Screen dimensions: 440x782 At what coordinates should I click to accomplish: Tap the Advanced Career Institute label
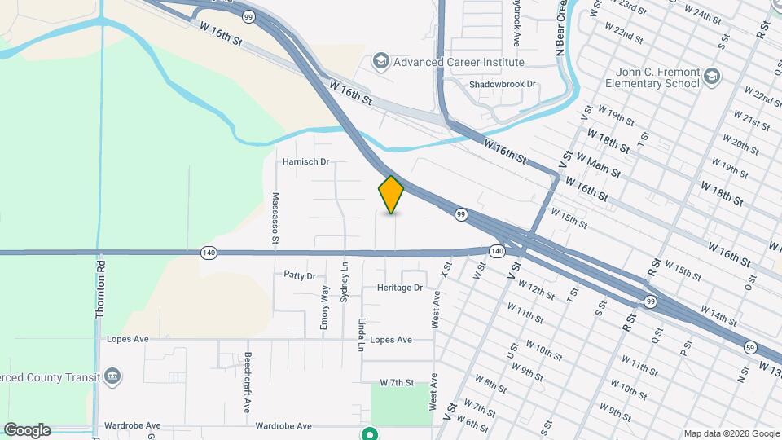tap(459, 62)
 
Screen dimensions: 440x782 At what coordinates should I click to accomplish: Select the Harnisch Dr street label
tap(305, 161)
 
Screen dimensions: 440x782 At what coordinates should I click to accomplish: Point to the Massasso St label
tap(275, 218)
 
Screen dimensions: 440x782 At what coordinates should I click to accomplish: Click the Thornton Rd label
tap(101, 288)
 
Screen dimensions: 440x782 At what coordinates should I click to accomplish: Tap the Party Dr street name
tap(299, 276)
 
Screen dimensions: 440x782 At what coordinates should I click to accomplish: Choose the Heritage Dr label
tap(400, 288)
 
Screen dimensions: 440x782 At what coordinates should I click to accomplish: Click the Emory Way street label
tap(325, 307)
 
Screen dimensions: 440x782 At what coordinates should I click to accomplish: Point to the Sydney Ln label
tap(344, 279)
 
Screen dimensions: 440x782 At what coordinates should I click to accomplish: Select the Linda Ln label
tap(361, 335)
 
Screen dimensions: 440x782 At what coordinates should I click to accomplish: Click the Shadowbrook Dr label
tap(503, 84)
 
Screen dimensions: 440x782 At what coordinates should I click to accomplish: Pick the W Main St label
tap(598, 164)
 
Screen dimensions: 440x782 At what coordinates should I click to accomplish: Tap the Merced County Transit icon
tap(113, 376)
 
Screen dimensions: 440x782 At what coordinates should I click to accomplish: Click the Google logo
tap(27, 430)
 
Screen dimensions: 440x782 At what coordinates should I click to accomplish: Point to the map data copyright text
tap(731, 433)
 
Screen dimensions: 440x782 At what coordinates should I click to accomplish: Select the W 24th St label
tap(703, 14)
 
